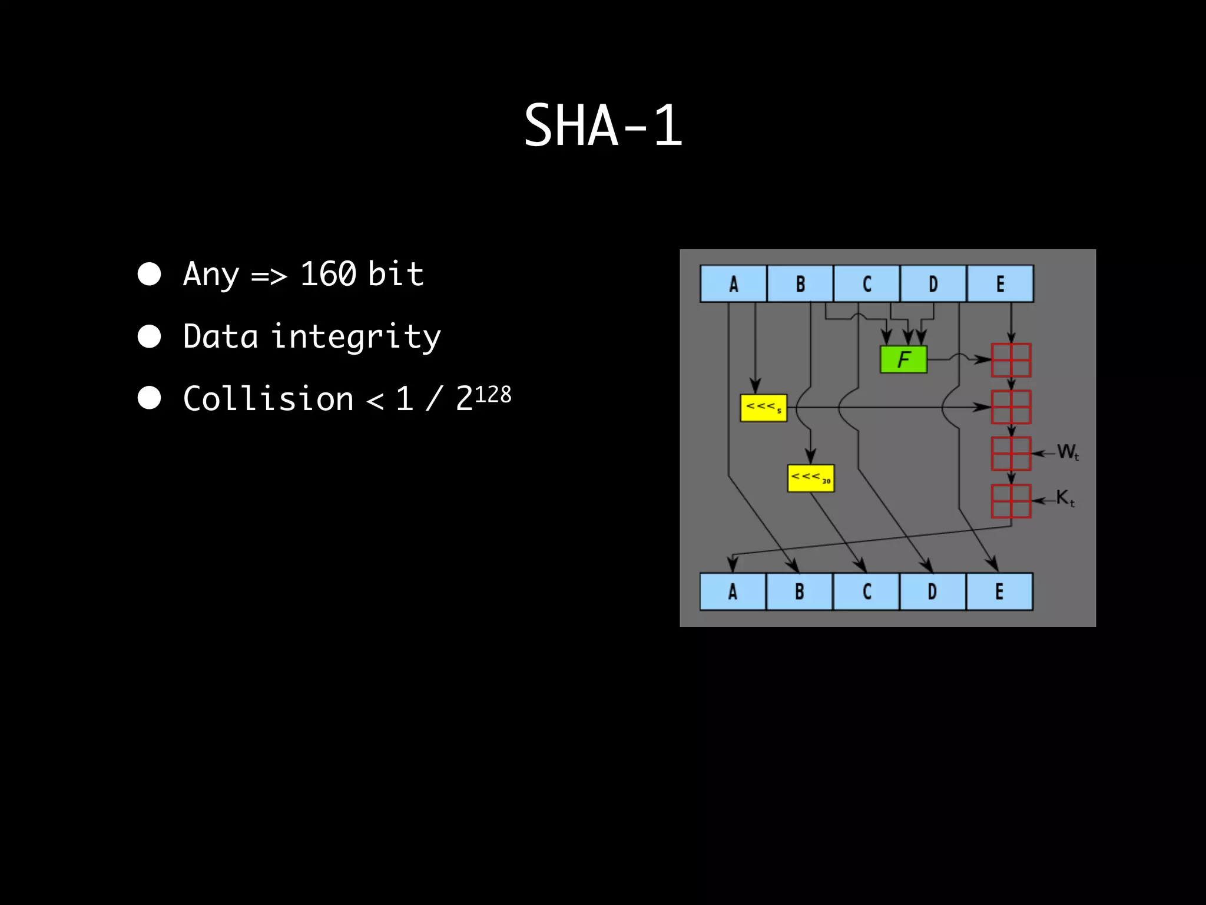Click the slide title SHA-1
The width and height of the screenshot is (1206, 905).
(603, 125)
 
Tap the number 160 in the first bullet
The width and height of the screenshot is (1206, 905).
(328, 274)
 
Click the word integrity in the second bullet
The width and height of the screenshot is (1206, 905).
(356, 337)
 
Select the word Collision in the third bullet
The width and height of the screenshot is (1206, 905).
(268, 399)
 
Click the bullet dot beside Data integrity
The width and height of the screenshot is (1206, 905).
(150, 336)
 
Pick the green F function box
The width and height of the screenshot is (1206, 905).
(903, 359)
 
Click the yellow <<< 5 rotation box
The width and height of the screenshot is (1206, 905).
(763, 407)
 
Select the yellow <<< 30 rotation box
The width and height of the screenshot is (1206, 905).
(810, 478)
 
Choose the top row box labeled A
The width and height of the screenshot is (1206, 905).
(733, 284)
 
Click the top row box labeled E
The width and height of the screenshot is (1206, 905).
(1000, 284)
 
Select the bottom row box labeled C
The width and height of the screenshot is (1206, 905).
(866, 592)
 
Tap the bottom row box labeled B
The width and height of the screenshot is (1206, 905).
(799, 592)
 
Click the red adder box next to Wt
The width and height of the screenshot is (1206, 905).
(1011, 453)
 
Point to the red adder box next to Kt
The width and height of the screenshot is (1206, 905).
(1011, 501)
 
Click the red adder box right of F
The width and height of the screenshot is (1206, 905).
(1011, 360)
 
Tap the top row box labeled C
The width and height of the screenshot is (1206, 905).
(867, 284)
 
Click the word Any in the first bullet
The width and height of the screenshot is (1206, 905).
(211, 274)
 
